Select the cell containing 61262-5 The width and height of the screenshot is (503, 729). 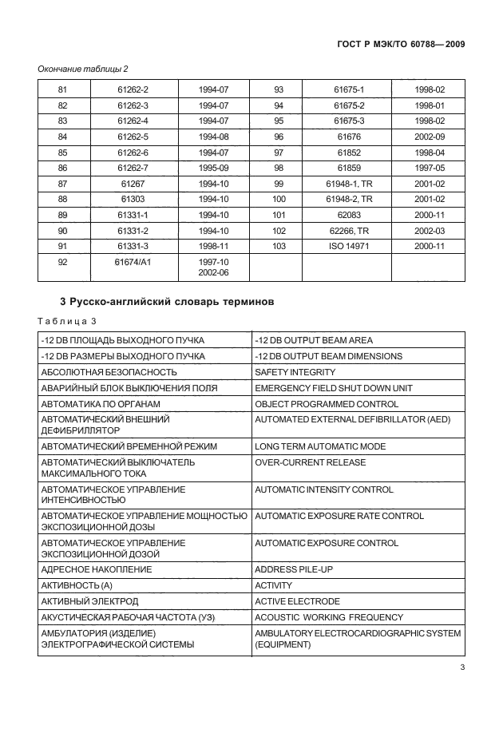[x=133, y=137]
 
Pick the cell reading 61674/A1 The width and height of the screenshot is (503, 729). [x=133, y=260]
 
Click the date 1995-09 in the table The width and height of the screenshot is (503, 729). [x=213, y=167]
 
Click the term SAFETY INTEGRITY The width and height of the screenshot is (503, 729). [x=295, y=372]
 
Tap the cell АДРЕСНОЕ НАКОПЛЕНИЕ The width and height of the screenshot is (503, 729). [x=96, y=569]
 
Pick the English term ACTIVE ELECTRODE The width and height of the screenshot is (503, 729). [x=297, y=601]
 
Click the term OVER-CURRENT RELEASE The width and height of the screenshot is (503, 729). [x=310, y=462]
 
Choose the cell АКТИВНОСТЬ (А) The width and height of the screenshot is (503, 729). [x=77, y=585]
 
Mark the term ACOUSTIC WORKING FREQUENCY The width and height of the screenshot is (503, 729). [x=329, y=617]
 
